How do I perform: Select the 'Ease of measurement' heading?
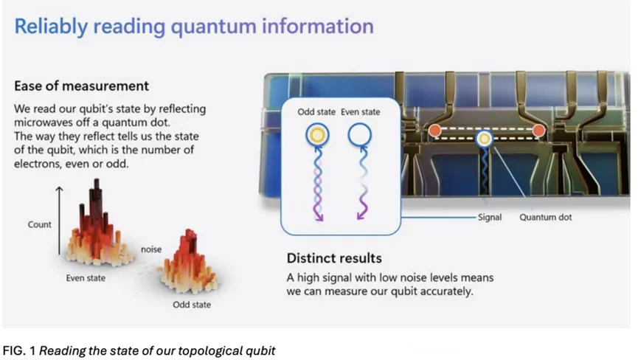pyautogui.click(x=81, y=86)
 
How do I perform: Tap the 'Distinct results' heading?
pyautogui.click(x=334, y=258)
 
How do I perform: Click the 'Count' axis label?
pyautogui.click(x=40, y=224)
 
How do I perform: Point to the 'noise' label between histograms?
pyautogui.click(x=151, y=249)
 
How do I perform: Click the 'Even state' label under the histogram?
pyautogui.click(x=86, y=278)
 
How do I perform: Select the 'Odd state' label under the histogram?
pyautogui.click(x=192, y=305)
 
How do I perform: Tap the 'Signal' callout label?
pyautogui.click(x=490, y=217)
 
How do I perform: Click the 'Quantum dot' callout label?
pyautogui.click(x=545, y=217)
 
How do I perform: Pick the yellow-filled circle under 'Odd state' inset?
pyautogui.click(x=317, y=135)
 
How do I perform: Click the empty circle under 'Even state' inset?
pyautogui.click(x=360, y=126)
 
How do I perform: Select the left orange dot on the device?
pyautogui.click(x=435, y=131)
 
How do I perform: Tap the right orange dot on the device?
pyautogui.click(x=538, y=131)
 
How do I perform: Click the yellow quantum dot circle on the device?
pyautogui.click(x=484, y=139)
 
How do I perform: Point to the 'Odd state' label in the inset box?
pyautogui.click(x=316, y=112)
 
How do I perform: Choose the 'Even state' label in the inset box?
pyautogui.click(x=361, y=112)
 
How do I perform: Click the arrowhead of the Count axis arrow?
pyautogui.click(x=60, y=188)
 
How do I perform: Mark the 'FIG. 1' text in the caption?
pyautogui.click(x=18, y=350)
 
